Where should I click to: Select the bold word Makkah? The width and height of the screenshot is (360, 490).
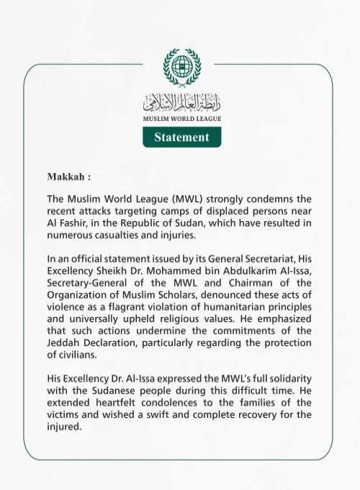pos(68,176)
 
